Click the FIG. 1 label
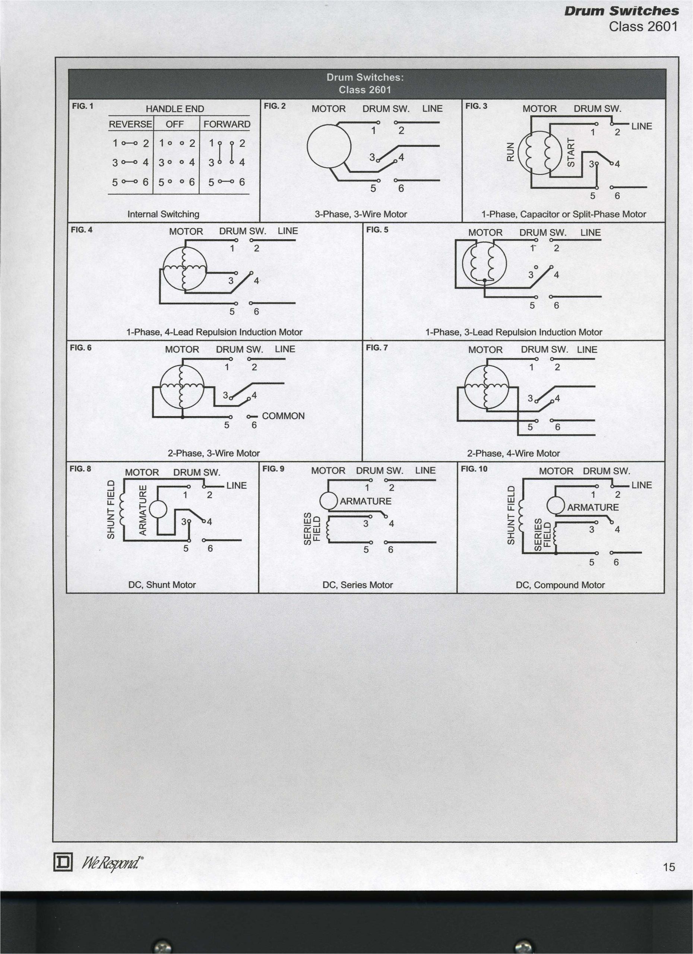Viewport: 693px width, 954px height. [x=82, y=106]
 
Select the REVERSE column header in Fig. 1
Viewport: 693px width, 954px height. [x=130, y=124]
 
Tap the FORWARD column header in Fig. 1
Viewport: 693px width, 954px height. [x=227, y=124]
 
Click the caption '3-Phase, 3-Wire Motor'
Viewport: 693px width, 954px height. [x=361, y=214]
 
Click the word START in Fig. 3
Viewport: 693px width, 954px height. [x=571, y=152]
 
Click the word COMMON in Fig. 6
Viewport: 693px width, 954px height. [x=283, y=416]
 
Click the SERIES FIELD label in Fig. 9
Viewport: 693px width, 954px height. [x=312, y=529]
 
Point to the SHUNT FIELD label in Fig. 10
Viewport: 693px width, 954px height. [x=511, y=515]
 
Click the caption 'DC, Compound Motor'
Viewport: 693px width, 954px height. [x=560, y=585]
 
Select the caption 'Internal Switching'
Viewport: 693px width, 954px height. [x=163, y=214]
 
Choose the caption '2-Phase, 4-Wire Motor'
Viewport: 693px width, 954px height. [x=513, y=454]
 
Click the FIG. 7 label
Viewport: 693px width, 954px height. [x=377, y=347]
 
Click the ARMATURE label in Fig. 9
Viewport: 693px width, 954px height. [x=366, y=501]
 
